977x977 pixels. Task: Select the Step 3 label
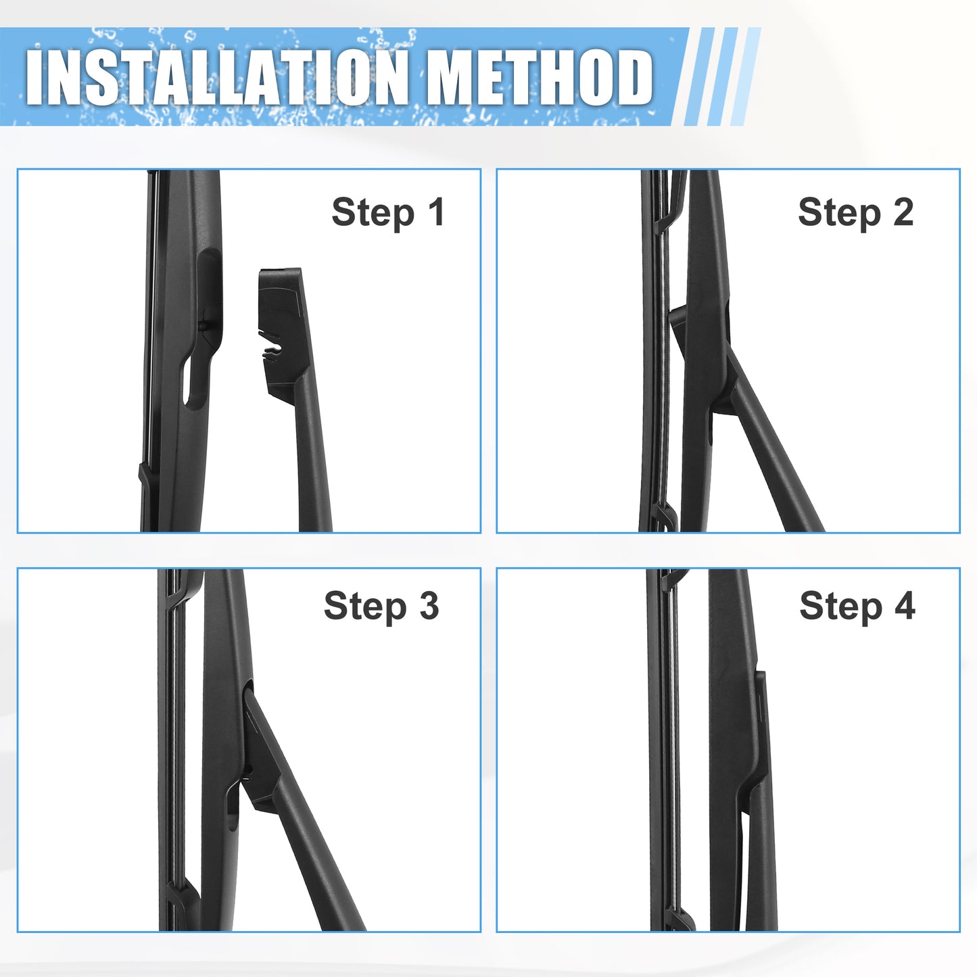click(381, 607)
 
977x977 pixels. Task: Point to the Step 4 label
click(857, 607)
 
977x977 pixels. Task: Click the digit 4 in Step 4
click(905, 605)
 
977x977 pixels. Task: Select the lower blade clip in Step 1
click(144, 479)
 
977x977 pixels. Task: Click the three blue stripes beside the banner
click(722, 76)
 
